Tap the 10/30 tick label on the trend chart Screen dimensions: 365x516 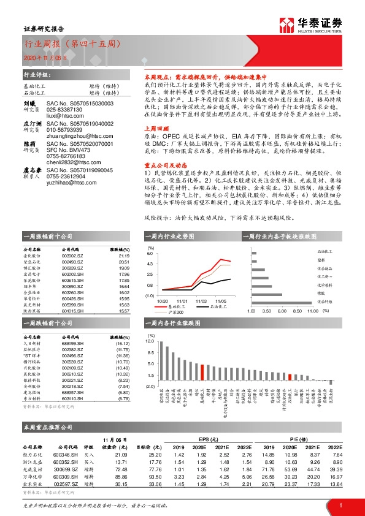pyautogui.click(x=163, y=301)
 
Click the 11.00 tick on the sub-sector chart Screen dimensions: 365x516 pyautogui.click(x=311, y=311)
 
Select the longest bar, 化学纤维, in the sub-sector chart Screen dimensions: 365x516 pyautogui.click(x=282, y=302)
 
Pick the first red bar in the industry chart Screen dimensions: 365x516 pyautogui.click(x=202, y=371)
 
